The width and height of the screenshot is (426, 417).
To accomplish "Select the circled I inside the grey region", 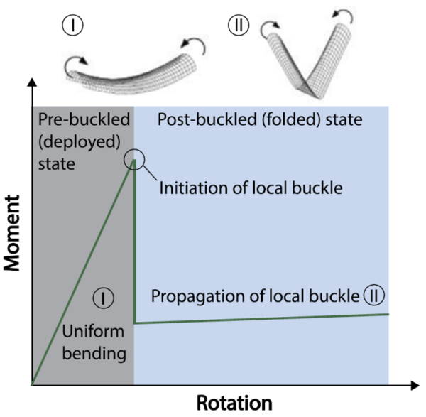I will [103, 298].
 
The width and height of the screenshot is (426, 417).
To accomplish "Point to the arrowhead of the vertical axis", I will [31, 86].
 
